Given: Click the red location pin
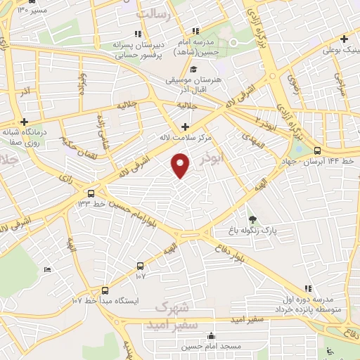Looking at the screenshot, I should point(181,166).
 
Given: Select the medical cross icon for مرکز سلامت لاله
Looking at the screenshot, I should point(185,127).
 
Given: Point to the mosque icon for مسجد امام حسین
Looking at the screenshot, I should point(211,336).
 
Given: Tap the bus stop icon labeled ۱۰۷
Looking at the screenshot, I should point(141,266).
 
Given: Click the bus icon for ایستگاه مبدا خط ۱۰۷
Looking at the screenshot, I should point(105,290).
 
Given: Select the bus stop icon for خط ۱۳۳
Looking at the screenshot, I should point(91,192).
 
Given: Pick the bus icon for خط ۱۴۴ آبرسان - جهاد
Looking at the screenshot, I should point(318,150).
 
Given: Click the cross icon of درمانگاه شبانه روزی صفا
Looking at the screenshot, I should point(25,121).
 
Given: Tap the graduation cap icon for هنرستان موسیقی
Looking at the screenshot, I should point(193,69).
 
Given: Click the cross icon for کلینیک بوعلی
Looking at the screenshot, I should point(344,39).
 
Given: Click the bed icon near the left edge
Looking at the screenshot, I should point(48,269).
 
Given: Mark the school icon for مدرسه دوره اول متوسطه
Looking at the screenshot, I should point(307,288).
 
